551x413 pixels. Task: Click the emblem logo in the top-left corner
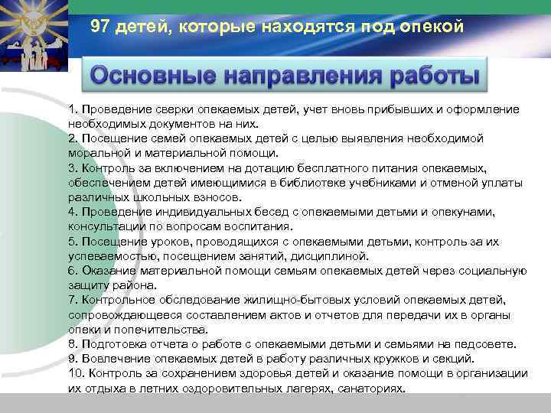pyautogui.click(x=34, y=34)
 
